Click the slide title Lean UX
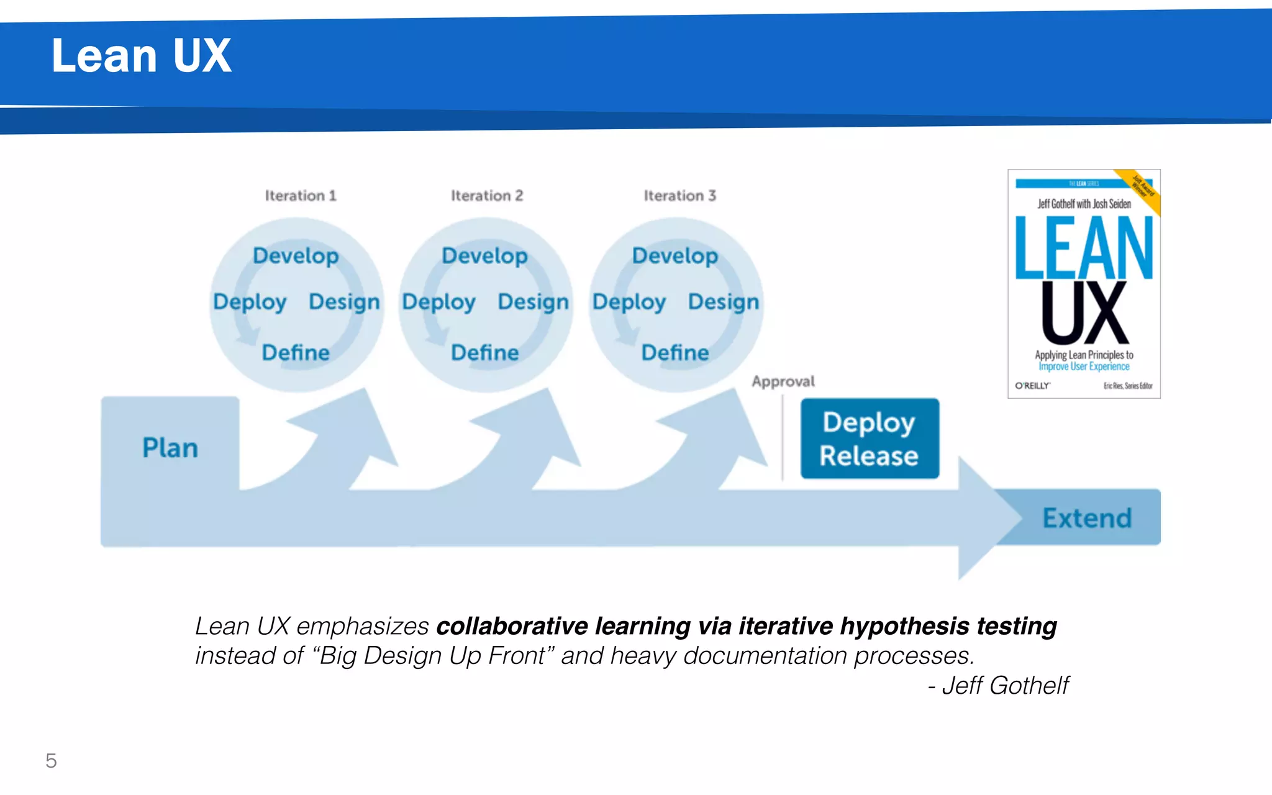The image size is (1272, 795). (x=141, y=56)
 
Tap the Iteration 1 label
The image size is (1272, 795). (x=301, y=196)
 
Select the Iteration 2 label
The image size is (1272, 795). (x=487, y=196)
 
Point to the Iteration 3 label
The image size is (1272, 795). (x=679, y=196)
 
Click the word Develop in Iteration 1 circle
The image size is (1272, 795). (x=296, y=256)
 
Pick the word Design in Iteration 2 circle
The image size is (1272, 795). (x=533, y=302)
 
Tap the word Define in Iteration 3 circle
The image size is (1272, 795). (x=675, y=353)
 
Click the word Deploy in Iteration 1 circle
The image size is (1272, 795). (x=250, y=302)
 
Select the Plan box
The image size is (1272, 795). (x=170, y=447)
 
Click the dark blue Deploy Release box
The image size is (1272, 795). (x=869, y=438)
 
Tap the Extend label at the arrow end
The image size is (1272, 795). (x=1087, y=518)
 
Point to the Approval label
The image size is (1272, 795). (x=783, y=381)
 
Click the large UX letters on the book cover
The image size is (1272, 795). (x=1084, y=313)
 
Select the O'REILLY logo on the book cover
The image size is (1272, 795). (x=1032, y=386)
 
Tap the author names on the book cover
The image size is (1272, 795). (x=1084, y=204)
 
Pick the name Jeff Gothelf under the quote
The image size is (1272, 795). (x=1005, y=686)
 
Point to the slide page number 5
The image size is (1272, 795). (x=51, y=761)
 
